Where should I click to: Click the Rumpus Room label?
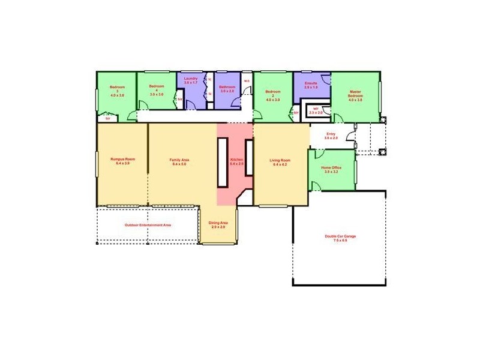[x=122, y=161]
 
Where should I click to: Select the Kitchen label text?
[x=236, y=161]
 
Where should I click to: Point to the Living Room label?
[x=280, y=161]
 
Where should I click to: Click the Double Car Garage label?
[x=340, y=238]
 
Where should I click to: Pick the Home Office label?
[x=331, y=169]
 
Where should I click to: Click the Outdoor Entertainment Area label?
[x=148, y=225]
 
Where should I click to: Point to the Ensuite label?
[x=311, y=85]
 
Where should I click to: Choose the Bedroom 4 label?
[x=157, y=90]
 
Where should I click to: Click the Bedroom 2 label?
[x=273, y=95]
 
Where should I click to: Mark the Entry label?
[x=331, y=136]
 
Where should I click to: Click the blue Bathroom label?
[x=227, y=89]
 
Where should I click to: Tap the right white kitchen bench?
[x=248, y=157]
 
